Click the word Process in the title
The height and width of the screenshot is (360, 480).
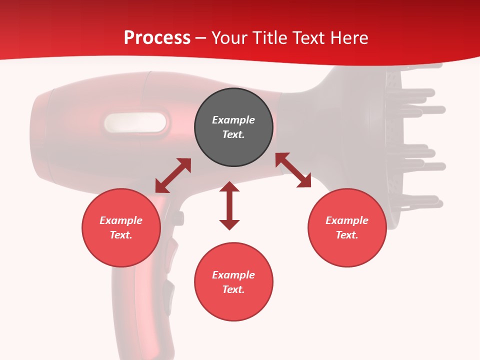coord(157,38)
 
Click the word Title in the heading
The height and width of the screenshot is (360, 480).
coord(270,38)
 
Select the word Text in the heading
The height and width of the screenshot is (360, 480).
coord(307,38)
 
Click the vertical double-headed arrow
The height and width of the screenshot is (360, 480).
coord(229,206)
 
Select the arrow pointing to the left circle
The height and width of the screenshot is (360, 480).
coord(173,175)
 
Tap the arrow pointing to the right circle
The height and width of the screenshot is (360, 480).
coord(293,170)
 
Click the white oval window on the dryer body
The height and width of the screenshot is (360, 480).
coord(135,122)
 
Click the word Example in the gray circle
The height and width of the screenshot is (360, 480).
coord(233,120)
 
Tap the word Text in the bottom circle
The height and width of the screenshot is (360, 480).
coord(233,289)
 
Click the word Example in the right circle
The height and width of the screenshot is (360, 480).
coord(347,220)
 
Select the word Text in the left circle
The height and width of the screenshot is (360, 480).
coord(121,235)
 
